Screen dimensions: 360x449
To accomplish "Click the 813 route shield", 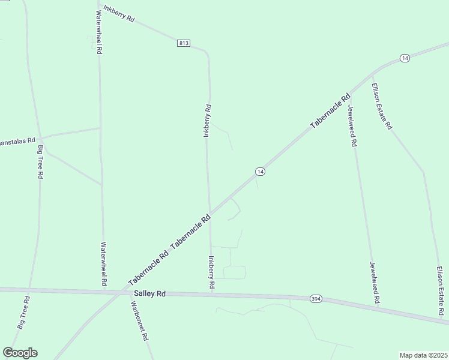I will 184,43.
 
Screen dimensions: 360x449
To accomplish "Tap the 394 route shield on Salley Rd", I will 316,298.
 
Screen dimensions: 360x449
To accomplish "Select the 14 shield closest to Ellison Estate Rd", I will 405,58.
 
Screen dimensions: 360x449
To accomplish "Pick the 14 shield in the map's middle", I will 259,172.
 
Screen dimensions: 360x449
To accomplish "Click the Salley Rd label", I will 149,293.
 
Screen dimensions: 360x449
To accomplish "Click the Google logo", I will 20,353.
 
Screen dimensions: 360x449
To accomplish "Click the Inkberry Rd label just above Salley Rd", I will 211,274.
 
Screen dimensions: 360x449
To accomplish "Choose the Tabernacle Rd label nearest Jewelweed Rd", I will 330,111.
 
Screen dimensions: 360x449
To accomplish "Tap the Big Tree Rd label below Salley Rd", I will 23,313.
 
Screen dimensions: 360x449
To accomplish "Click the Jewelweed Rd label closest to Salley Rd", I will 375,282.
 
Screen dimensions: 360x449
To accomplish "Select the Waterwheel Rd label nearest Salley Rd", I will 103,264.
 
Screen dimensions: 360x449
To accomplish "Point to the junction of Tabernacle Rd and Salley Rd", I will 125,292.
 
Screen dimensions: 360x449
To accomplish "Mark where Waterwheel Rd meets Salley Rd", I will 103,291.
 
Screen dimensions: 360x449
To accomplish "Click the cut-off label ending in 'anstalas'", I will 14,142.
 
